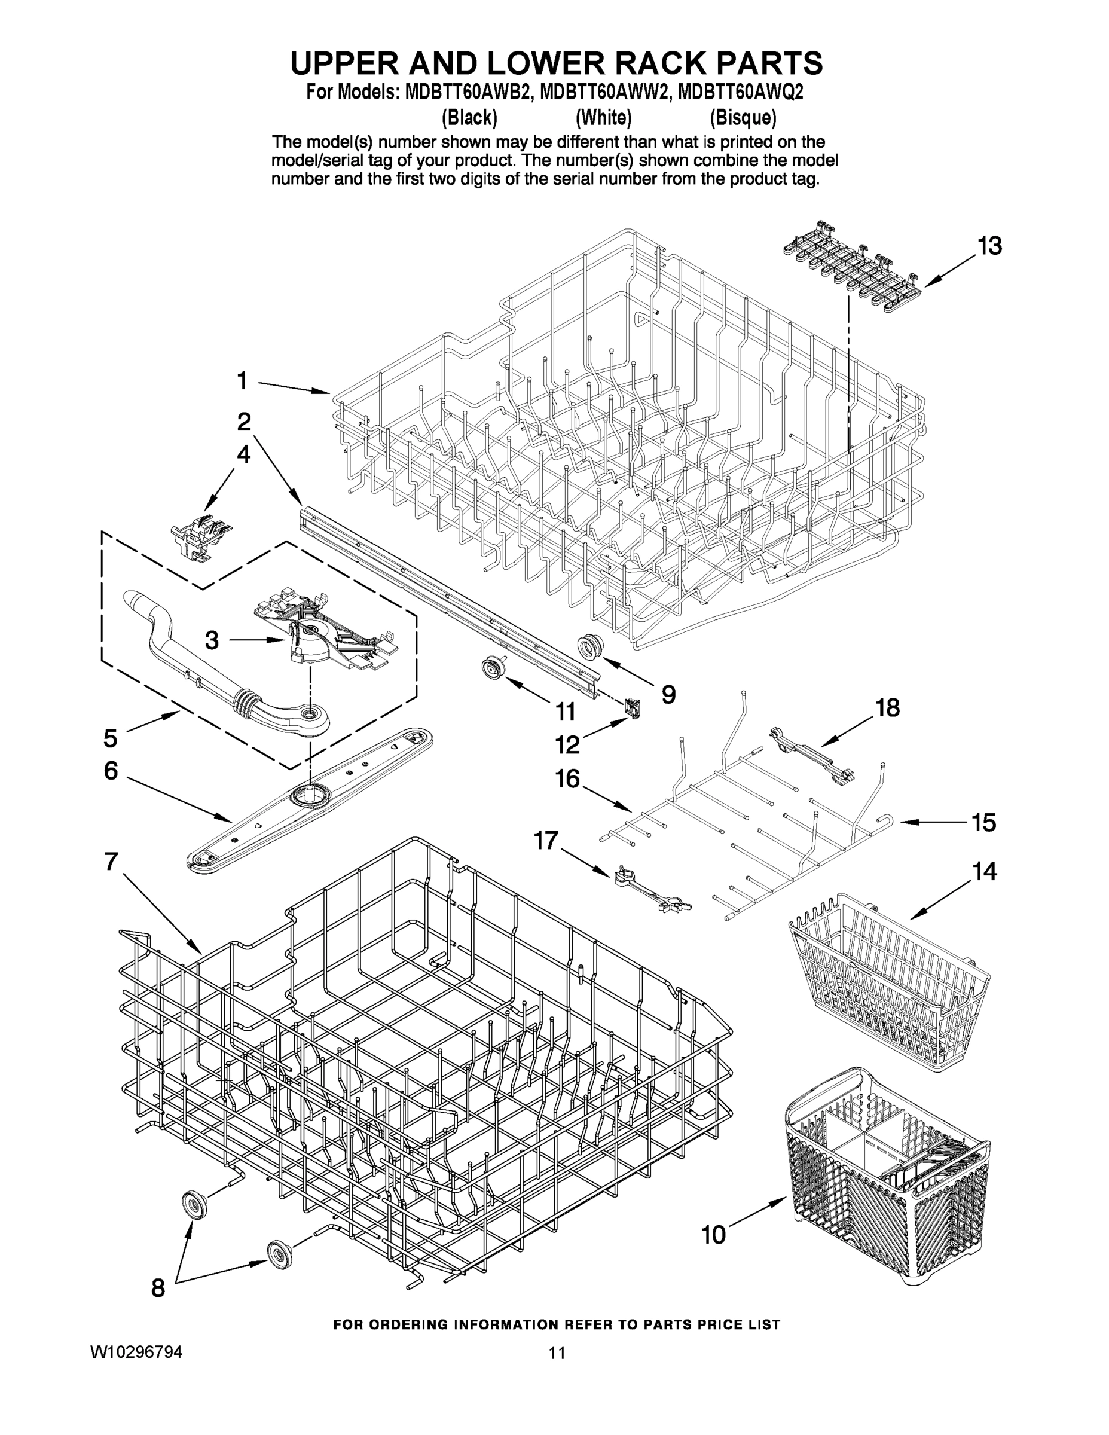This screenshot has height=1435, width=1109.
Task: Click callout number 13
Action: [989, 246]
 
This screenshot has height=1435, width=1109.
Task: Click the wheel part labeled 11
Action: [490, 669]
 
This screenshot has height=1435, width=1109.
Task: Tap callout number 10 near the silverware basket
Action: [713, 1235]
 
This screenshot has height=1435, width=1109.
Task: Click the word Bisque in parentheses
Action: [743, 118]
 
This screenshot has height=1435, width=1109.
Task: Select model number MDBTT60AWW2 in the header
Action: [604, 93]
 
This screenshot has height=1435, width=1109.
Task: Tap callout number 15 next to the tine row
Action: [983, 822]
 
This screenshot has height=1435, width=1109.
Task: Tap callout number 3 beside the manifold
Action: [211, 639]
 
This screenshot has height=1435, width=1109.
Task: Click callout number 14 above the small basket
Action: [984, 872]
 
